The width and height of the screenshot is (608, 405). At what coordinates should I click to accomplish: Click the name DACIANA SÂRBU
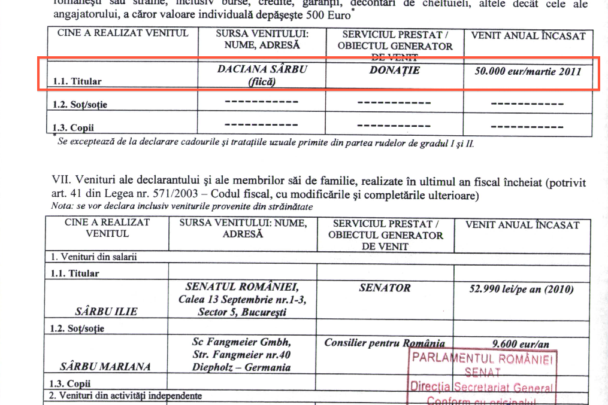coord(262,69)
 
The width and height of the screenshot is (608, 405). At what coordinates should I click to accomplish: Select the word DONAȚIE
coord(394,71)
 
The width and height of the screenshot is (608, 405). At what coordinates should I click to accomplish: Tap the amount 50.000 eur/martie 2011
coord(528,71)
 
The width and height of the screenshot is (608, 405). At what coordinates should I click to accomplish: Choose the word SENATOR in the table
coord(385,288)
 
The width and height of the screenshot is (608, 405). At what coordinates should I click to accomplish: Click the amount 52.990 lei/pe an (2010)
coord(522,290)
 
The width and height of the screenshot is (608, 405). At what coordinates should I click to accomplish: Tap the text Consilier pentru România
coord(384,343)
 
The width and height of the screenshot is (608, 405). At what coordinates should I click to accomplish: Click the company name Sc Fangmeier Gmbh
coord(241,342)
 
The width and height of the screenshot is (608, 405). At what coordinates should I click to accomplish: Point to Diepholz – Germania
coord(241,367)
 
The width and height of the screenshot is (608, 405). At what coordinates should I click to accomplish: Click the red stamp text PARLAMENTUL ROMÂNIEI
coord(482,359)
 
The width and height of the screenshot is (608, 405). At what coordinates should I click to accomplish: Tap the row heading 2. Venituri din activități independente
coord(125,395)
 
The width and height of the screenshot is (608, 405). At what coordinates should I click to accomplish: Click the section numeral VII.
coord(58,182)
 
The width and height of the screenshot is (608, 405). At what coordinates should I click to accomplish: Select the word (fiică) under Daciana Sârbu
coord(262,82)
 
